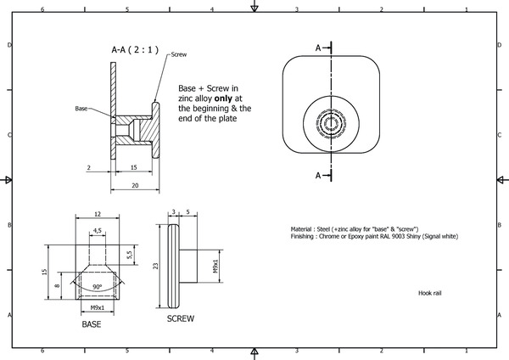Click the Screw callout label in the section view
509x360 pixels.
coord(178,53)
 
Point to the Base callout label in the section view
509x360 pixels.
coord(81,109)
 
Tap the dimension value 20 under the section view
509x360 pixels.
coord(134,184)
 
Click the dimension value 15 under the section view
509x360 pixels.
coord(132,168)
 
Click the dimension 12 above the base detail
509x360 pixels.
coord(98,214)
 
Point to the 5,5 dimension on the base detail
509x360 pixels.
coord(129,254)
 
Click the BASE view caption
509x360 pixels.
coord(92,324)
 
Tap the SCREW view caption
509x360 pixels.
coord(181,318)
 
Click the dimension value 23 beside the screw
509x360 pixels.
coord(156,266)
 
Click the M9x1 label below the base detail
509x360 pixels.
coord(98,307)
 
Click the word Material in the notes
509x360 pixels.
coord(304,228)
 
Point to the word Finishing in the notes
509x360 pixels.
coord(305,236)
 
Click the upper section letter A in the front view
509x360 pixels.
coord(319,48)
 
